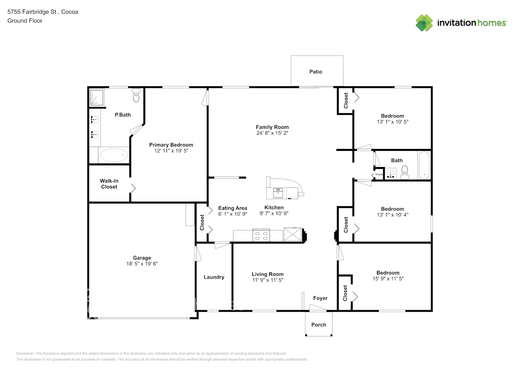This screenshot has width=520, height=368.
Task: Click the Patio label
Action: [316, 71]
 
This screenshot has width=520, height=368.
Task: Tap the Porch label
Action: [318, 325]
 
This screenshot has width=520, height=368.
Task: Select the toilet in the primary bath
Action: [136, 95]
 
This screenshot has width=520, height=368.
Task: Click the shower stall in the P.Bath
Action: [97, 98]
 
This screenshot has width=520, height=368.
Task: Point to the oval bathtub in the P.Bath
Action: [114, 155]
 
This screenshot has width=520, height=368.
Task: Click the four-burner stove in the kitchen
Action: [261, 235]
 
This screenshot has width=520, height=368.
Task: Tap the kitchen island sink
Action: [278, 193]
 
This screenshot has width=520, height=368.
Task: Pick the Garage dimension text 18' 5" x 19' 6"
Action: [142, 264]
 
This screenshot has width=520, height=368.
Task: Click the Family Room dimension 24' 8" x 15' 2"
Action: [272, 133]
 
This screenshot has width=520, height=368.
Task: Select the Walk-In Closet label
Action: [109, 184]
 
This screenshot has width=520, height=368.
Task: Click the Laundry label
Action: [214, 277]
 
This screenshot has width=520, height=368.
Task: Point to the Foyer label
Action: [320, 298]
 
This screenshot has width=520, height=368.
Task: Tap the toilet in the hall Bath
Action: [405, 172]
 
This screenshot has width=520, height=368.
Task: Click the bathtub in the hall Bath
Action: [424, 165]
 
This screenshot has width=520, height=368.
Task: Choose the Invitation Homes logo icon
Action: [424, 23]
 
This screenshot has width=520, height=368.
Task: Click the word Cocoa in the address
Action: [70, 12]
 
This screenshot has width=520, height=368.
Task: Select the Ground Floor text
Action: [25, 21]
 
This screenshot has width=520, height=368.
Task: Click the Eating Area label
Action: [233, 208]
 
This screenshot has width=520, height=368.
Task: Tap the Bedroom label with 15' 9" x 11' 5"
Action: [388, 273]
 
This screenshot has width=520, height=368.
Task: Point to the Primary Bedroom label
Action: [171, 145]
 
